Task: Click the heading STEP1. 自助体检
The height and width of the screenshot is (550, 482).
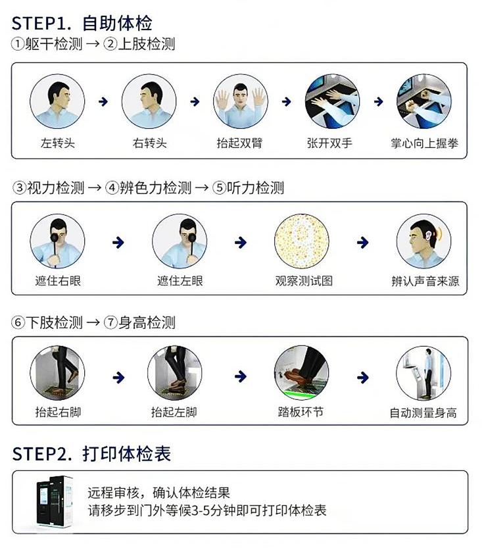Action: click(x=82, y=24)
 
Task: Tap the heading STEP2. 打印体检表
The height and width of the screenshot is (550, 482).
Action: click(x=91, y=454)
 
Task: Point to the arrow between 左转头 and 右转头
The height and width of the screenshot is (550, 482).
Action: click(x=103, y=101)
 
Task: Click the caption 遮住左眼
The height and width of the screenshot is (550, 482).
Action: click(x=180, y=281)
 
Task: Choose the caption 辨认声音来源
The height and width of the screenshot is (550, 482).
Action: click(x=424, y=282)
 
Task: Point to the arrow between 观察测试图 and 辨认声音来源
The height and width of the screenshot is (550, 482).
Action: click(x=362, y=242)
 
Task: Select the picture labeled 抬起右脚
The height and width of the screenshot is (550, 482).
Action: click(x=58, y=373)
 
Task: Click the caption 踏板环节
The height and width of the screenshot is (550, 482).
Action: click(x=301, y=412)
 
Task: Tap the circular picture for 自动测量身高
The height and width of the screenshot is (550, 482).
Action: click(x=423, y=373)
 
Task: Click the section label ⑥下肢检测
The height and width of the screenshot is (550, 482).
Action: click(x=47, y=323)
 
